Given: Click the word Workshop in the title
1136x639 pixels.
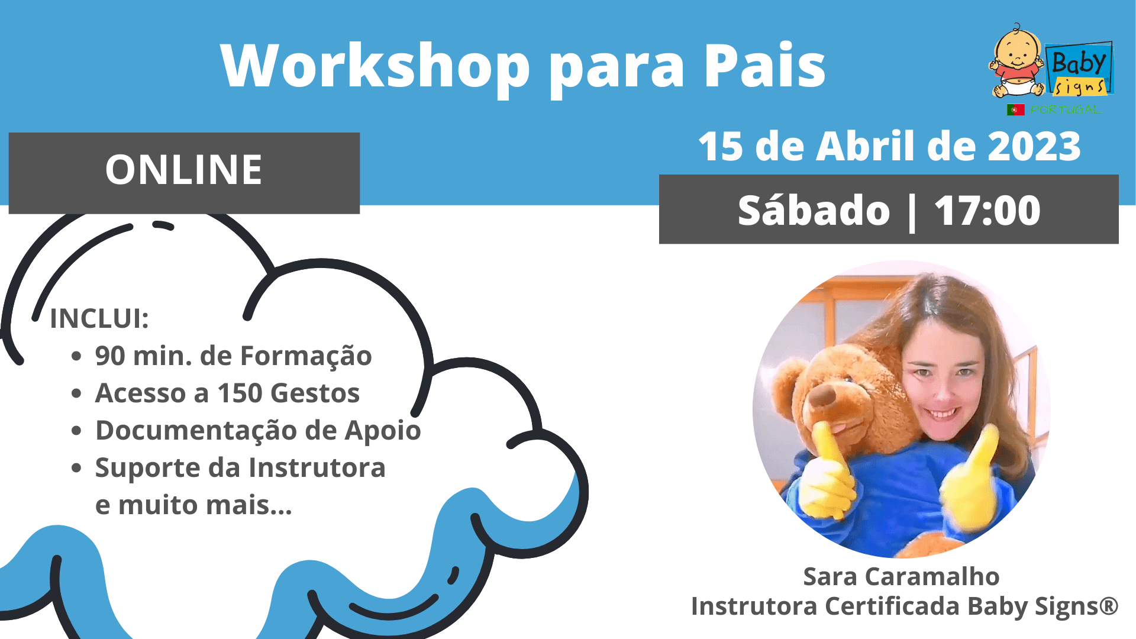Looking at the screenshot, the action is pyautogui.click(x=375, y=67).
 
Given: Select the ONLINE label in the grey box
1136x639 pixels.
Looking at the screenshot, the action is pyautogui.click(x=183, y=170).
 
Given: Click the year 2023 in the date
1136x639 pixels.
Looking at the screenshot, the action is pyautogui.click(x=1034, y=146).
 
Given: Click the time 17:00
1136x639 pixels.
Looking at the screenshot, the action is pyautogui.click(x=987, y=210).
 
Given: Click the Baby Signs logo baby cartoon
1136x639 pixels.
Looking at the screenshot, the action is pyautogui.click(x=1016, y=62).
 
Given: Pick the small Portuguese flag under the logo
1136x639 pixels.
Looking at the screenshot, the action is pyautogui.click(x=1015, y=109).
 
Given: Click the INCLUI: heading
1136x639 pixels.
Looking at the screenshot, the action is pyautogui.click(x=99, y=318).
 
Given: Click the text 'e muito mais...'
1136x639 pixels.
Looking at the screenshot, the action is pyautogui.click(x=193, y=505).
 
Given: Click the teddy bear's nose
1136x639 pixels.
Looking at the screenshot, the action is pyautogui.click(x=822, y=397).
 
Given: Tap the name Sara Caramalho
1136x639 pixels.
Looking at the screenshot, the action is pyautogui.click(x=901, y=576).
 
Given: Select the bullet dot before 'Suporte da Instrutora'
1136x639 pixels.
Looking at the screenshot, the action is pyautogui.click(x=76, y=468).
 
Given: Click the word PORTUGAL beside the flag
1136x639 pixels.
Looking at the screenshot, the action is pyautogui.click(x=1065, y=109).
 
